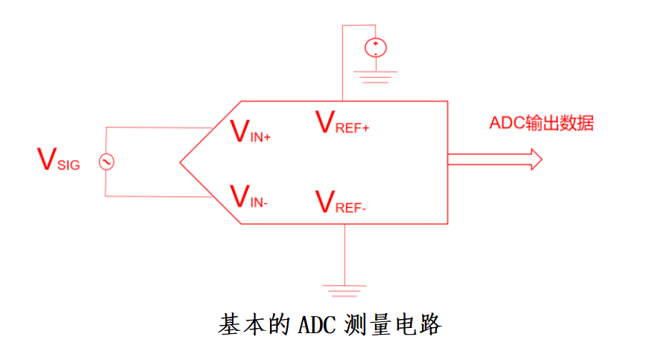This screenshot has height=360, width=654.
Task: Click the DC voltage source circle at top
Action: [375, 48]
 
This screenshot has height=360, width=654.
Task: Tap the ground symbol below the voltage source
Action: [375, 74]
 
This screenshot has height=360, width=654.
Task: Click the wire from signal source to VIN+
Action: [157, 127]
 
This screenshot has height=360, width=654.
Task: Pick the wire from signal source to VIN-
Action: [157, 197]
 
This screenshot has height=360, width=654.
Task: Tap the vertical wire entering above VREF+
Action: [342, 67]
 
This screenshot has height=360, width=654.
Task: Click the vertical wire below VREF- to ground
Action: [345, 253]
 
